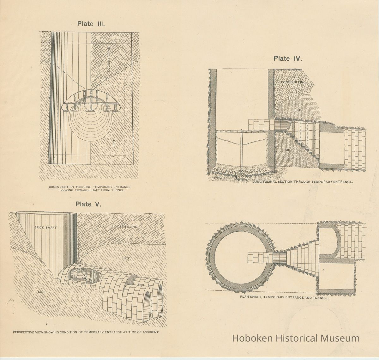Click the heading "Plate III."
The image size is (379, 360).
(91, 24)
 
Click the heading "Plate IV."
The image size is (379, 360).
(288, 58)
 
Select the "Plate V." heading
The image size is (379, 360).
(88, 204)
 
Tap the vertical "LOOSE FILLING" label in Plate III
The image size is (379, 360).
(109, 59)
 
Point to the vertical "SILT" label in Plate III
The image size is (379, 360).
(114, 143)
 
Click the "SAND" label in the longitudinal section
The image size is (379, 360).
(217, 177)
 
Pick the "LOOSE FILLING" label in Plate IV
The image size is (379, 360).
(293, 82)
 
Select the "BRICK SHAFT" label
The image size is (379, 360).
(45, 228)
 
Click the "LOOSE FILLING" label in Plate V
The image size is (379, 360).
(125, 227)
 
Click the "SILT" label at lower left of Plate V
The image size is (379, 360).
(42, 292)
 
